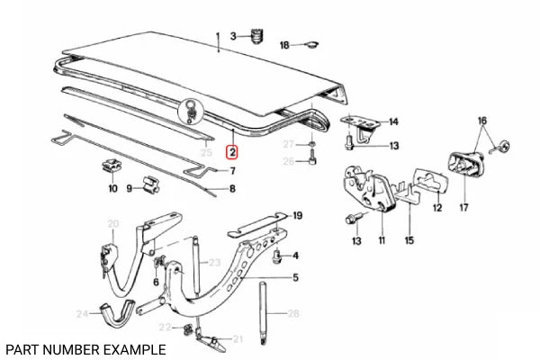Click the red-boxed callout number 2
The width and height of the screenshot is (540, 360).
pyautogui.click(x=231, y=154)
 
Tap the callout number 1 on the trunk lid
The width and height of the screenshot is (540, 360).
pyautogui.click(x=217, y=36)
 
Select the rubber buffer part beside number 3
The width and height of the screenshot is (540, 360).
pyautogui.click(x=255, y=36)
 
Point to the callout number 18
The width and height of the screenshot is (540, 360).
pyautogui.click(x=285, y=44)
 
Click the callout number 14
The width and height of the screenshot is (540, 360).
pyautogui.click(x=393, y=121)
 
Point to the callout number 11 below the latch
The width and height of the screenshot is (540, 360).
pyautogui.click(x=382, y=241)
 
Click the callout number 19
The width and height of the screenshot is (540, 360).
pyautogui.click(x=298, y=215)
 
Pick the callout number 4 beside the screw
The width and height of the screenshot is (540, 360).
pyautogui.click(x=294, y=256)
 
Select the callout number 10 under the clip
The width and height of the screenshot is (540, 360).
pyautogui.click(x=112, y=189)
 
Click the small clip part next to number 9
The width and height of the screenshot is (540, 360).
pyautogui.click(x=148, y=188)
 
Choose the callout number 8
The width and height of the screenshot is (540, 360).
pyautogui.click(x=232, y=189)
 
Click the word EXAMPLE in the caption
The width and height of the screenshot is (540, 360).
pyautogui.click(x=132, y=348)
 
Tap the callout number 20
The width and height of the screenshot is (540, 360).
pyautogui.click(x=112, y=223)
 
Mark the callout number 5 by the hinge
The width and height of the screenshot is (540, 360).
pyautogui.click(x=294, y=279)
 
